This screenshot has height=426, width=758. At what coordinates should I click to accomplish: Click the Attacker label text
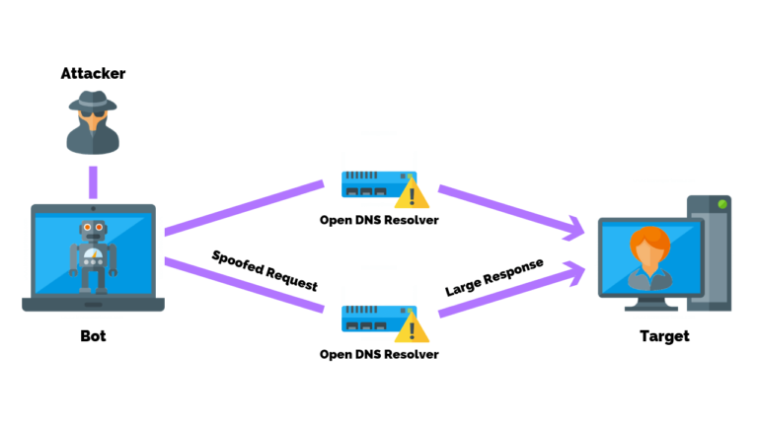click(x=93, y=73)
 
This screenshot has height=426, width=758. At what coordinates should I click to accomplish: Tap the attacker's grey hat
click(x=93, y=100)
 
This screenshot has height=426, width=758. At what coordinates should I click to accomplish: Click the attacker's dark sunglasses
click(x=93, y=115)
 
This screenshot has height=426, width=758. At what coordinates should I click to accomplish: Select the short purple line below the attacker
click(x=93, y=181)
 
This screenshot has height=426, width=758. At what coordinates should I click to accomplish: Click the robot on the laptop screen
click(x=93, y=254)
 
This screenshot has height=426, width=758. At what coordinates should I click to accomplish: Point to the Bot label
click(x=93, y=336)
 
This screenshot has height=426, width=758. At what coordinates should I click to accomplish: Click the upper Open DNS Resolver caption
click(x=379, y=219)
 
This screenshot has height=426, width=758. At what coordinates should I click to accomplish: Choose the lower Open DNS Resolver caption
click(x=379, y=353)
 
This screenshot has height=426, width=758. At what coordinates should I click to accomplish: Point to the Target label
click(x=664, y=336)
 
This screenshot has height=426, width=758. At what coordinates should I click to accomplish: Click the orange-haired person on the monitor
click(x=649, y=258)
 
